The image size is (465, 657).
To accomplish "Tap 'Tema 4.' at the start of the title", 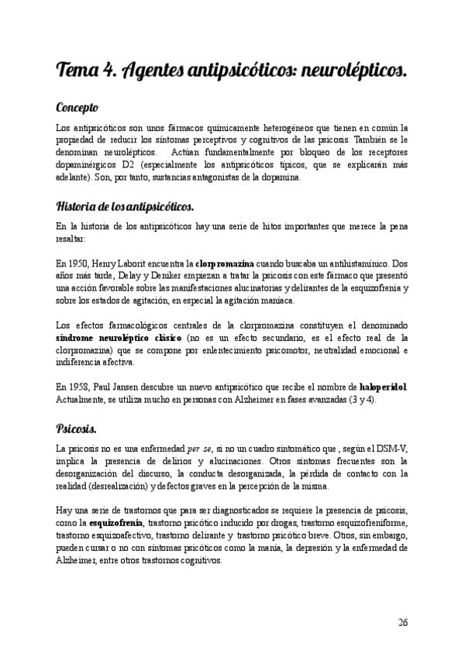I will click(85, 72).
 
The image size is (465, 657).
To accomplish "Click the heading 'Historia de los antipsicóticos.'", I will click(125, 207).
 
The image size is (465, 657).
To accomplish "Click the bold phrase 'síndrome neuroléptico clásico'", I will click(119, 339).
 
